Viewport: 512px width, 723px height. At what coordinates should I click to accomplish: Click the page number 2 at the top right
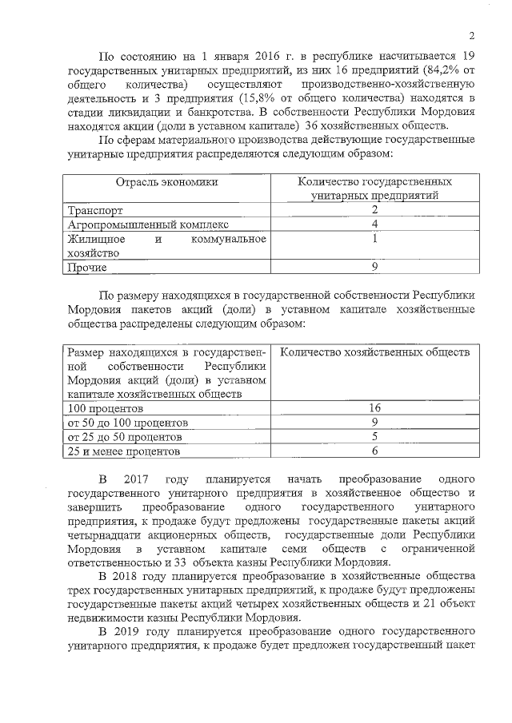pos(472,36)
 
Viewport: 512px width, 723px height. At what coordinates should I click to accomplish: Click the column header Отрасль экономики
pos(166,182)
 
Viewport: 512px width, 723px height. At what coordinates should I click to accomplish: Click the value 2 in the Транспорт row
pos(374,210)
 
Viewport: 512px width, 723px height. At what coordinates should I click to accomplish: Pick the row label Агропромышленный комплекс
pos(148,224)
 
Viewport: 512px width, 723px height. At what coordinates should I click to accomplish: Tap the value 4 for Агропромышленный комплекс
pos(374,224)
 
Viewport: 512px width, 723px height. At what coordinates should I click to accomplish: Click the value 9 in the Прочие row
pos(374,267)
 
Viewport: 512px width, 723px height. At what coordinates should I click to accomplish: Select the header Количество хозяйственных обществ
pos(376,352)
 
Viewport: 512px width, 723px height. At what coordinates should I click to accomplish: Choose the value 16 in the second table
pos(374,408)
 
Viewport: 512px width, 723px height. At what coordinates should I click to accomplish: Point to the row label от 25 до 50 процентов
pos(125,437)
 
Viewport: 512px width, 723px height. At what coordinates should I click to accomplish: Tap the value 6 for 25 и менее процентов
pos(374,451)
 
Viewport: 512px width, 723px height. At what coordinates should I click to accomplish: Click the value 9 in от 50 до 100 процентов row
pos(374,423)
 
